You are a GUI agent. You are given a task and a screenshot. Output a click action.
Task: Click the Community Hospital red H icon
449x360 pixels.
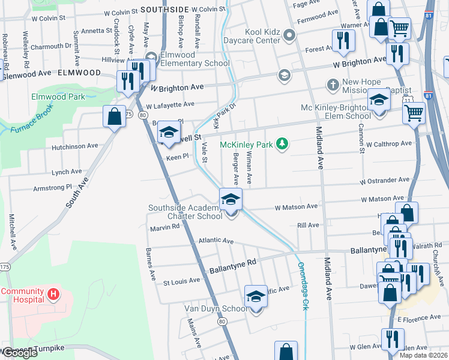pyautogui.click(x=53, y=294)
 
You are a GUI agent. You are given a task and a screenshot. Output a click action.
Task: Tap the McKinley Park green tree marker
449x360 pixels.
pyautogui.click(x=280, y=144)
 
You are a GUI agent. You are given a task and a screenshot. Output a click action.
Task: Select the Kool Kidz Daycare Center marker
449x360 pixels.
pyautogui.click(x=290, y=35)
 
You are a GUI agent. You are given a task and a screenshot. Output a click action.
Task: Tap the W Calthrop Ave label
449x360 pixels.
pyautogui.click(x=389, y=144)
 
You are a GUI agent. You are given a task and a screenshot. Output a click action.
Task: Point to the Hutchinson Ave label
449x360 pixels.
pyautogui.click(x=74, y=146)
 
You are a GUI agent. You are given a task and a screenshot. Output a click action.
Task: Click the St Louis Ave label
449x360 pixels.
pyautogui.click(x=182, y=281)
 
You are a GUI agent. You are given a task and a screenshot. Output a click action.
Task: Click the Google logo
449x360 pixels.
pyautogui.click(x=20, y=353)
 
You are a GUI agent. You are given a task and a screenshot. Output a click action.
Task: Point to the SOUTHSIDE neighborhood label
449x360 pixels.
pyautogui.click(x=165, y=10)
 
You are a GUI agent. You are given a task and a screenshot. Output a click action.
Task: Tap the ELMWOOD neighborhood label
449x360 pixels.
pyautogui.click(x=79, y=73)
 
